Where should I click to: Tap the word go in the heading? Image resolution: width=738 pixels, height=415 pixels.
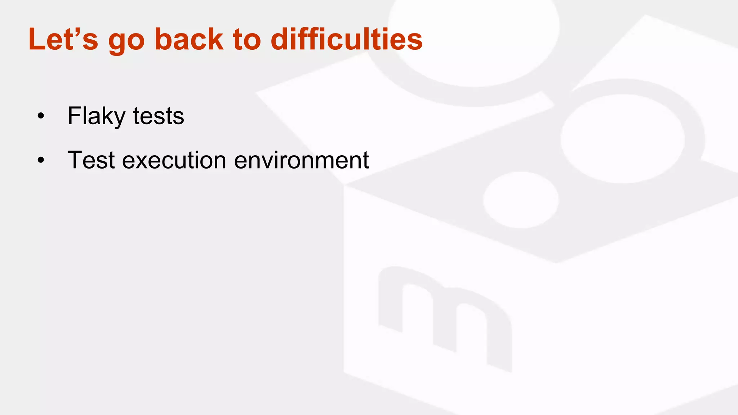[126, 41]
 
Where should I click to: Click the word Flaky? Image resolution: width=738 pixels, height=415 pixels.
[96, 116]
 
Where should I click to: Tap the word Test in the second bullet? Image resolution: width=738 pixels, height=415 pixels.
[91, 160]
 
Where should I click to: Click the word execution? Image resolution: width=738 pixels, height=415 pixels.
[174, 161]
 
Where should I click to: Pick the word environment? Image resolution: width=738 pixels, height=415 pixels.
[301, 161]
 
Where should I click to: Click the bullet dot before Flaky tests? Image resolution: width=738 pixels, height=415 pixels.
[41, 116]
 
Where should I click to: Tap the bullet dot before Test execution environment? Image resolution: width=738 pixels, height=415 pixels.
[41, 160]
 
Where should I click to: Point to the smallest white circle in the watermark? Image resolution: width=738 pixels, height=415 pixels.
[521, 200]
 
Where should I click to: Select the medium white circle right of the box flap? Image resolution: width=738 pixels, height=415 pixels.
[623, 139]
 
